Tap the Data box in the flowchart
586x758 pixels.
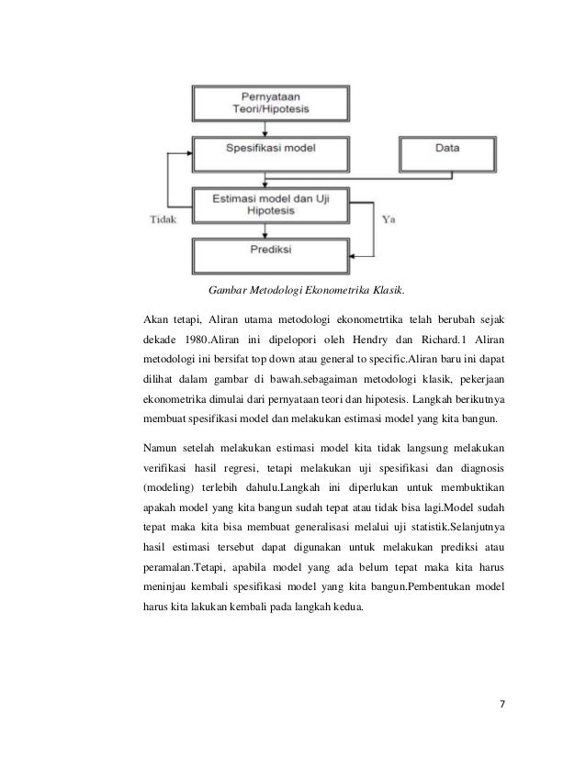coord(447,147)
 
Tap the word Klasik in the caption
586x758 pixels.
coord(385,291)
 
